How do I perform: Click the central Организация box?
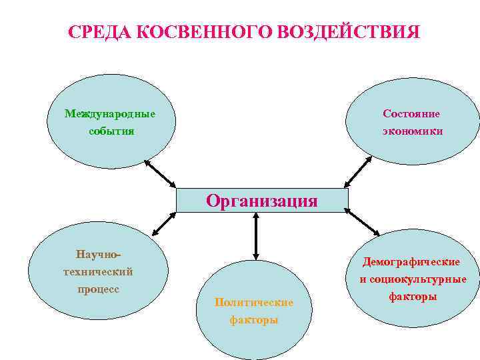tap(262, 200)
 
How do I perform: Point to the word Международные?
tap(110, 113)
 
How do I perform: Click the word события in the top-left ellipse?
tap(111, 131)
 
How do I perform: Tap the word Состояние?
tap(411, 113)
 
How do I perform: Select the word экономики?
tap(412, 131)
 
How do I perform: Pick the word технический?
tap(98, 271)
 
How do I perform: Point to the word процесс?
tap(98, 289)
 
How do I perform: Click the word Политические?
tap(254, 303)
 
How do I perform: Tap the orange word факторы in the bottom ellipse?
tap(254, 320)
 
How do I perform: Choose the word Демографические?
tap(411, 262)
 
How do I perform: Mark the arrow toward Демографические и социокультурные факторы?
tap(363, 223)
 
